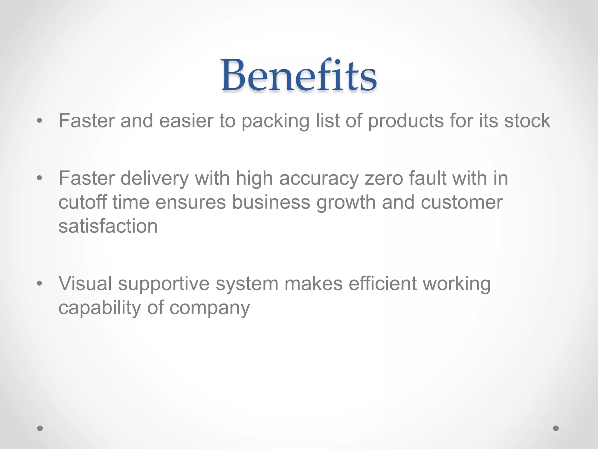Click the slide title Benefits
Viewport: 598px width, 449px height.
point(299,75)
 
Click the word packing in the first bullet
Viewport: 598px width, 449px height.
point(275,121)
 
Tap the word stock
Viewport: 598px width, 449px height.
point(527,121)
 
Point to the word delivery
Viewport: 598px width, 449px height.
point(154,178)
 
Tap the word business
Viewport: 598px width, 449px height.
point(271,202)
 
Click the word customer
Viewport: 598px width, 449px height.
point(462,202)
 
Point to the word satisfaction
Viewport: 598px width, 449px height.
point(108,226)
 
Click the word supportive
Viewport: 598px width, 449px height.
point(164,284)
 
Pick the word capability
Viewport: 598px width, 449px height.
point(100,308)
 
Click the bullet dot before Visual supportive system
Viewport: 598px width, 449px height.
point(40,284)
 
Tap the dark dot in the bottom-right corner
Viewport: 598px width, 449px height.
point(556,428)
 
